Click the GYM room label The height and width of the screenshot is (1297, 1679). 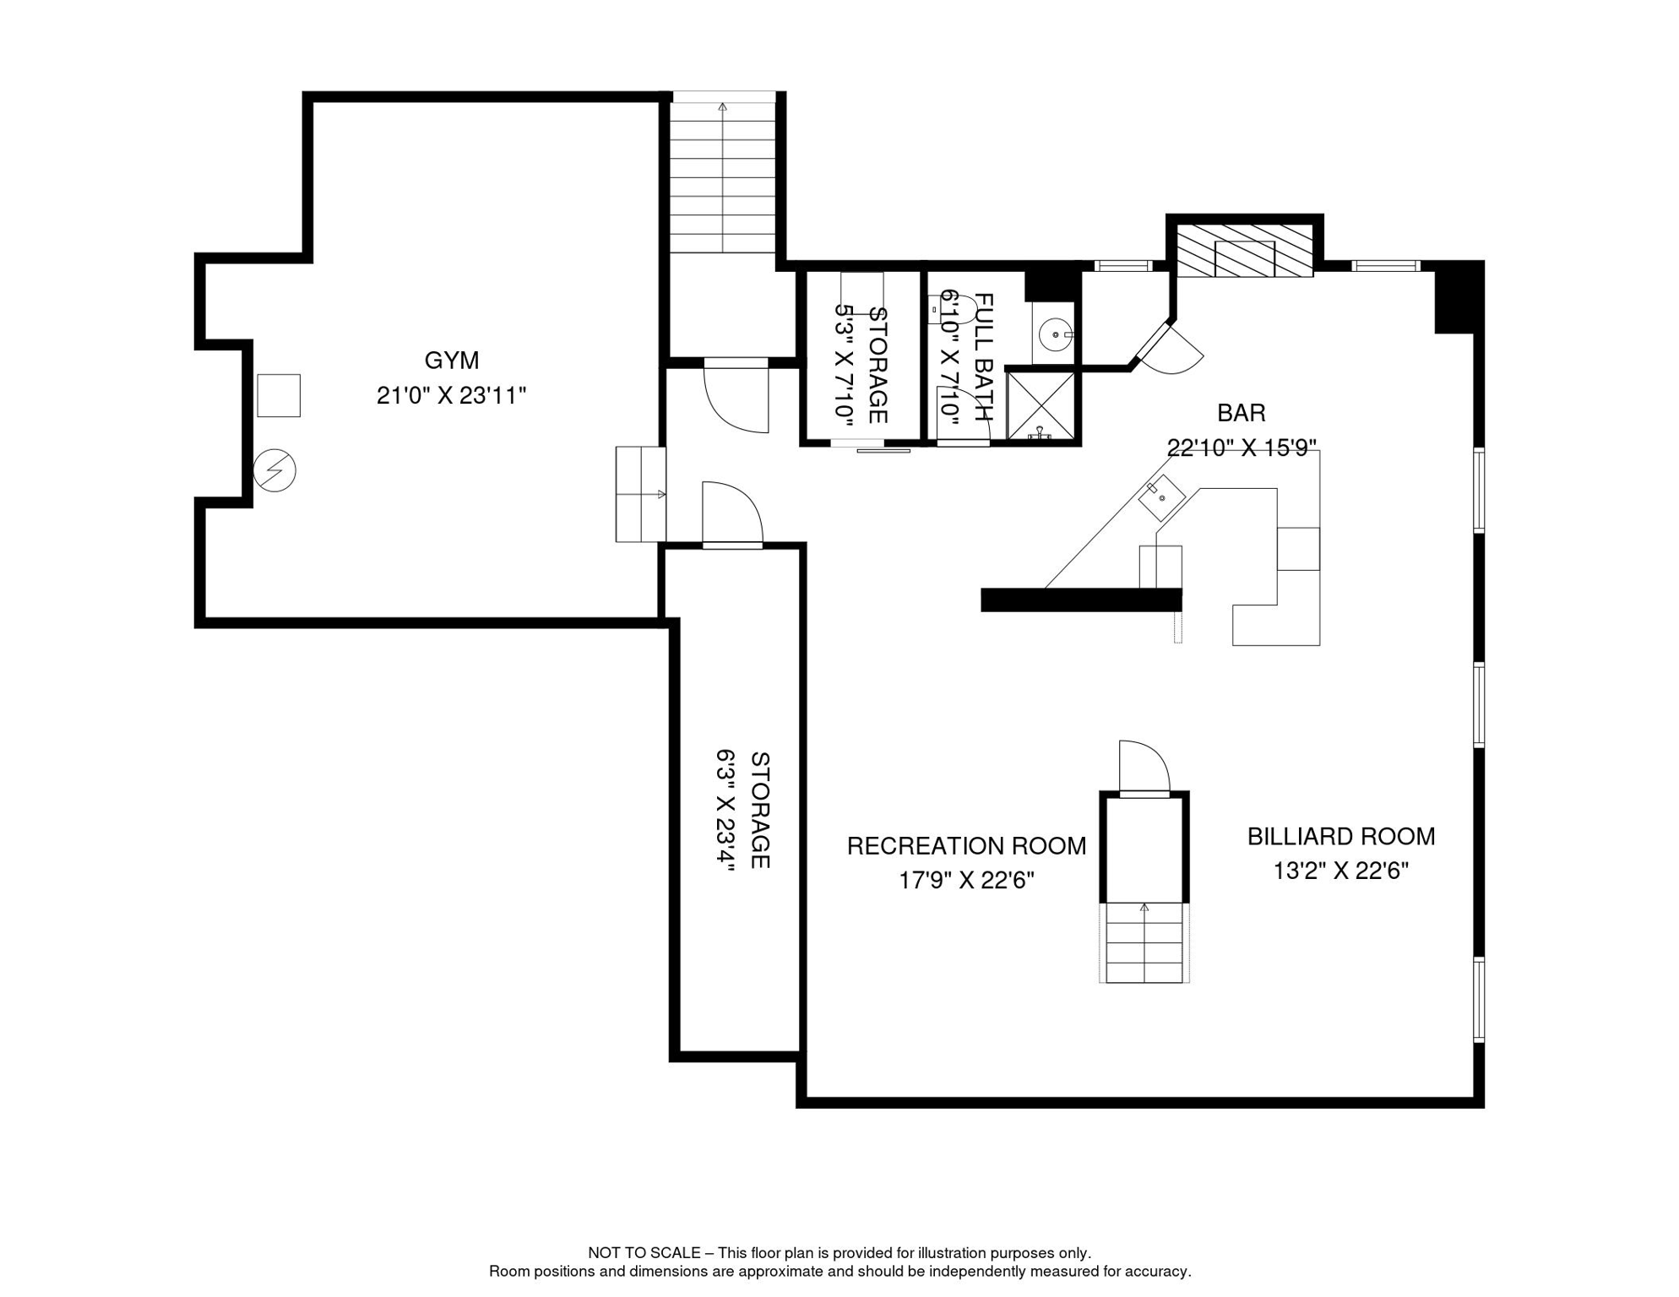click(451, 361)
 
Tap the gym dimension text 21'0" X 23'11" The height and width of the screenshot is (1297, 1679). click(451, 395)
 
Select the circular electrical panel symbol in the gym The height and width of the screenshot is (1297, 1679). click(274, 470)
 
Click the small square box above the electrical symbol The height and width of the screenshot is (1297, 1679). click(279, 395)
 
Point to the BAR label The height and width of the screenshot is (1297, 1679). click(1241, 413)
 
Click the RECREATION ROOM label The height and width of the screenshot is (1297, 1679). click(966, 846)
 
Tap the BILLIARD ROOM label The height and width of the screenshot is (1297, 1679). click(1340, 837)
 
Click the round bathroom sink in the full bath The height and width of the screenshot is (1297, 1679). click(1055, 334)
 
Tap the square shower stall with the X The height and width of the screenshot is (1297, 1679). click(1041, 406)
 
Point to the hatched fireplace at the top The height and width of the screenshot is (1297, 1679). click(1244, 250)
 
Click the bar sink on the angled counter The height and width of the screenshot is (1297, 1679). click(1162, 497)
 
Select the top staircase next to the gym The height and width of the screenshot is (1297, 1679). click(723, 177)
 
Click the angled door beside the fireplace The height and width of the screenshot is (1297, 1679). click(1172, 348)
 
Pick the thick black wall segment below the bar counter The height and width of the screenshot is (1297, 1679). click(1080, 600)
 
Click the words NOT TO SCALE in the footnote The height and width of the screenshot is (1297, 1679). click(644, 1253)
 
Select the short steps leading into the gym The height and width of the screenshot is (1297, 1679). click(640, 494)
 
